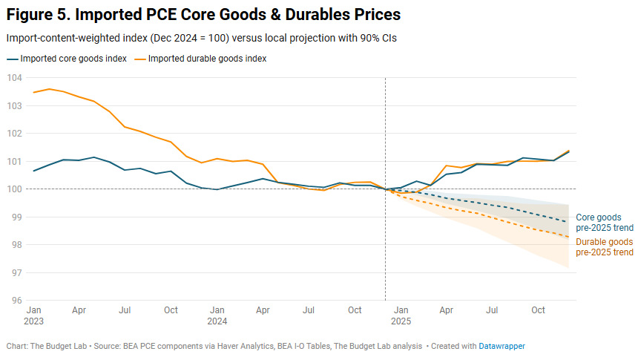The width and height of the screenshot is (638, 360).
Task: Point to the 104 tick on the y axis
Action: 14,78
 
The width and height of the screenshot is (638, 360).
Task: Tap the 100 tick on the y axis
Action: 14,189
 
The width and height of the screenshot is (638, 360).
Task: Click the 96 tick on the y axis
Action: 14,301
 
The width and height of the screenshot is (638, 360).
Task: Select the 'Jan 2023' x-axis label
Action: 34,315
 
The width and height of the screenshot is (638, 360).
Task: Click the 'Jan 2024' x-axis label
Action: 217,315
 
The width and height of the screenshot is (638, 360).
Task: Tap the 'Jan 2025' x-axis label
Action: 401,315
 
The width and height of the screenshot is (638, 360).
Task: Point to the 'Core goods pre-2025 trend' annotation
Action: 605,222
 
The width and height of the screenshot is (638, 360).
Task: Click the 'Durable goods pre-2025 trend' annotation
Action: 605,247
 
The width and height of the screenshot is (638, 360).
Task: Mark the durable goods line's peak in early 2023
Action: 49,89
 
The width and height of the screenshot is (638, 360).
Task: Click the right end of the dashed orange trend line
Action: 569,237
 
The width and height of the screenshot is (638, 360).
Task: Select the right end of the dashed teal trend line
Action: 569,222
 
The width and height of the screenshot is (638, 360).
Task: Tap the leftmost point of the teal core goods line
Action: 34,171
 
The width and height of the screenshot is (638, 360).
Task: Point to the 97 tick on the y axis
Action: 14,273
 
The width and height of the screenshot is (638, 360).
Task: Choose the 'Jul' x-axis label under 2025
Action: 493,310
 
